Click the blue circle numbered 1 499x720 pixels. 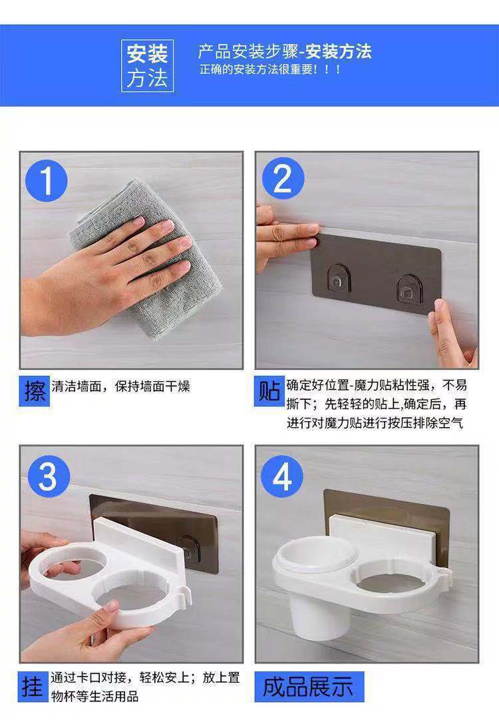(x=47, y=180)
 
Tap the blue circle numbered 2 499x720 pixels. (x=283, y=178)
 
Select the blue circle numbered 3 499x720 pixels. (x=49, y=476)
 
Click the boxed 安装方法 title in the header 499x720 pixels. (x=147, y=66)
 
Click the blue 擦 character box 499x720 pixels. (x=35, y=391)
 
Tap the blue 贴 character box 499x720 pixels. (x=269, y=391)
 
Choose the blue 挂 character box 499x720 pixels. (x=33, y=687)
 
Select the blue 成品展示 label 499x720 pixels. (x=309, y=687)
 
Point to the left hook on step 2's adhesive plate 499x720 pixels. (x=339, y=279)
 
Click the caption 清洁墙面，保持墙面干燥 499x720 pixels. (x=120, y=387)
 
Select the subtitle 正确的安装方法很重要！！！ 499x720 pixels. (x=270, y=70)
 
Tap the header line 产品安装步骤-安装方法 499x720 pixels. (x=285, y=51)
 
